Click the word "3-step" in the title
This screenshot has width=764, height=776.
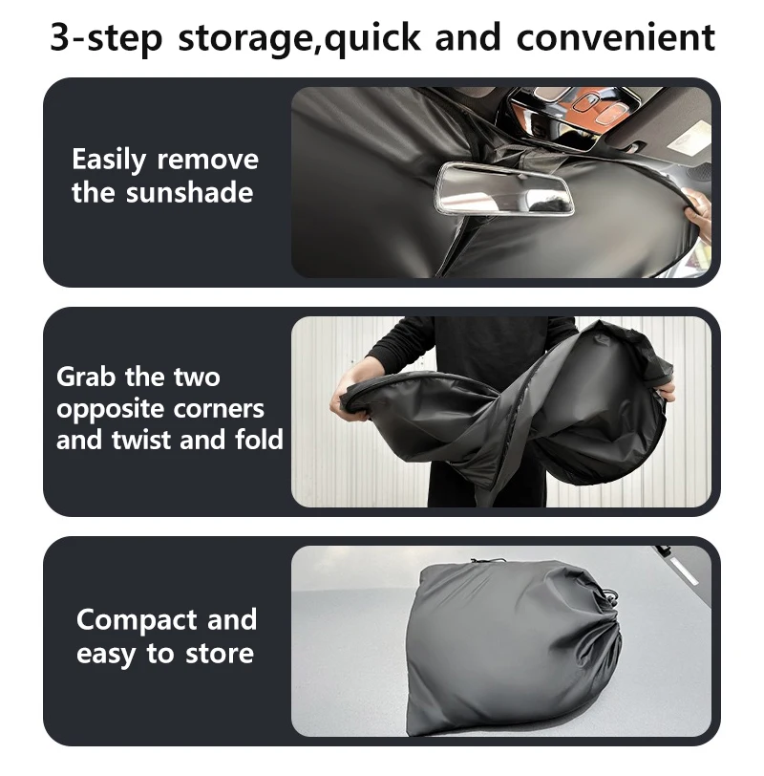[106, 37]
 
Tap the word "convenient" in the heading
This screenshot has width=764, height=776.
[615, 36]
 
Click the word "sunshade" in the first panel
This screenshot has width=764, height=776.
[189, 192]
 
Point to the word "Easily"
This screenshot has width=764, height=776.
[109, 161]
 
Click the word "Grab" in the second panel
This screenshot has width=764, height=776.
[87, 377]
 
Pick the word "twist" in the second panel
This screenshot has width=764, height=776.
[141, 440]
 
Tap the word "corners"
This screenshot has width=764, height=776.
[219, 409]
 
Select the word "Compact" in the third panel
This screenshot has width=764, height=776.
[137, 620]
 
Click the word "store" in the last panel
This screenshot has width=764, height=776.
[220, 654]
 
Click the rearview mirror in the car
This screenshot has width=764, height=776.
[504, 189]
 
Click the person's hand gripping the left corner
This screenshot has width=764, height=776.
[349, 401]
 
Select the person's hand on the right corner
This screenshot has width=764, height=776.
[666, 388]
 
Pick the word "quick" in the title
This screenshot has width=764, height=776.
[371, 37]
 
